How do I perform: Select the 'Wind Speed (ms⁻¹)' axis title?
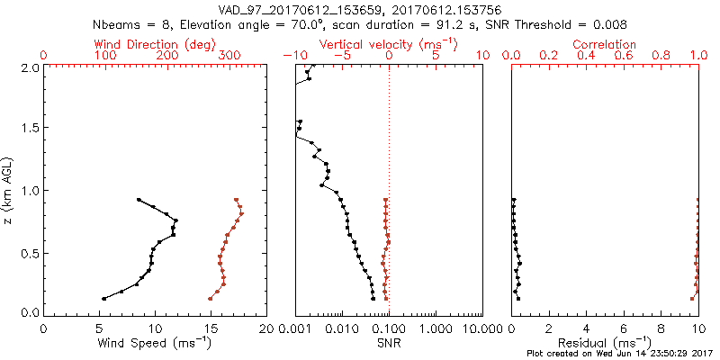155,343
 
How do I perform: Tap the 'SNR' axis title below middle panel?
389,343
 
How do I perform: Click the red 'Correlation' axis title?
605,44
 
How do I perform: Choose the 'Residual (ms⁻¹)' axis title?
604,343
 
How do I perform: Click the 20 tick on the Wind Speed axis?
266,328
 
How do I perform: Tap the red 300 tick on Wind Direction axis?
230,56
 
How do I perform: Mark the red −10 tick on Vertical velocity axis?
293,56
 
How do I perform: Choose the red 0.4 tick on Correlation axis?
586,56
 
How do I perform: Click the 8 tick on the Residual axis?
661,328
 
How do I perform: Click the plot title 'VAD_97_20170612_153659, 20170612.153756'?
360,10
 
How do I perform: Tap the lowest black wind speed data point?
103,299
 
